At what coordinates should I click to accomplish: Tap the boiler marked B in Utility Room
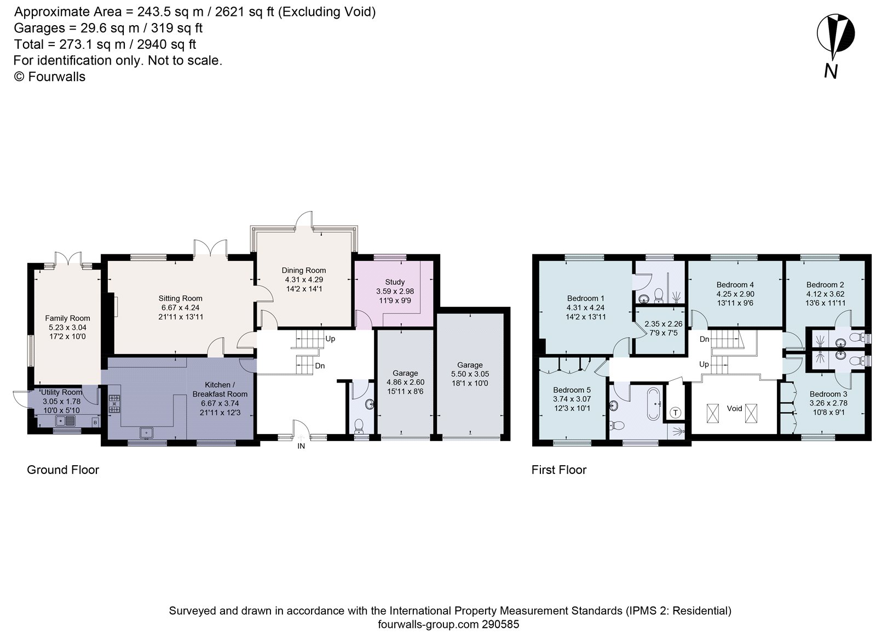point(95,422)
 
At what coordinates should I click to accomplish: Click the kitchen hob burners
point(114,404)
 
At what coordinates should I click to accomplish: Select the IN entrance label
point(301,446)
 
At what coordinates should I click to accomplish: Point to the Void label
point(734,408)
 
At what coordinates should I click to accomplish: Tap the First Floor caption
point(558,470)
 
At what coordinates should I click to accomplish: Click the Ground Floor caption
point(63,470)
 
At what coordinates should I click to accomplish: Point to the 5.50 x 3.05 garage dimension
point(470,374)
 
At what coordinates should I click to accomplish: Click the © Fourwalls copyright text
point(49,77)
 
